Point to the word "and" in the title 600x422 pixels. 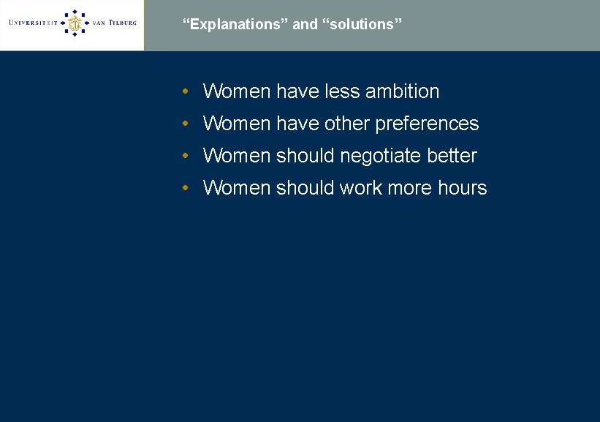pos(305,25)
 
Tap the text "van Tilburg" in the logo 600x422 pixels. pos(114,23)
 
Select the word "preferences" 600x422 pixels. pos(427,124)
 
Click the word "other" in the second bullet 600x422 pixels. pos(347,124)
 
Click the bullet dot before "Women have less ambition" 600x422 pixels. pos(187,92)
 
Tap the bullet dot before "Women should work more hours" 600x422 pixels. pos(187,189)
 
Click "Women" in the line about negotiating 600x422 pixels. pos(236,157)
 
